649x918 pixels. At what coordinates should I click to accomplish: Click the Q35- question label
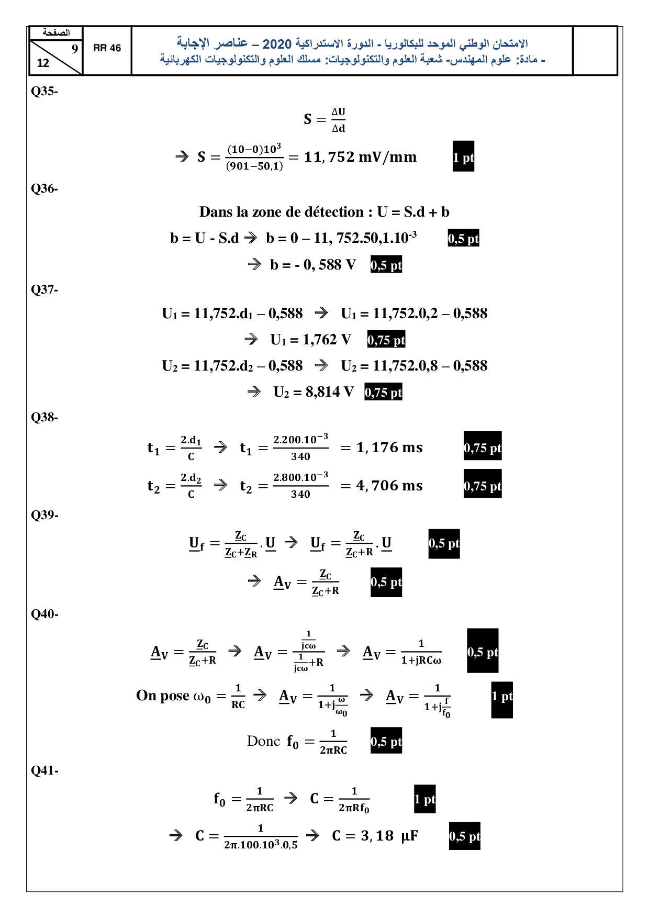click(x=44, y=91)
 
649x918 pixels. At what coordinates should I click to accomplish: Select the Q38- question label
click(x=44, y=417)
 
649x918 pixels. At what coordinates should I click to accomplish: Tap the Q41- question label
click(x=44, y=770)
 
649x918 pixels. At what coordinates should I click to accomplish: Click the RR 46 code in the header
click(x=107, y=48)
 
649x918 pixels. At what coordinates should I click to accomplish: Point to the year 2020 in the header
click(x=277, y=44)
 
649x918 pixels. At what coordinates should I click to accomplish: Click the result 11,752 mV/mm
click(x=360, y=157)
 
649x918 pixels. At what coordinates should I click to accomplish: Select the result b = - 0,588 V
click(x=312, y=265)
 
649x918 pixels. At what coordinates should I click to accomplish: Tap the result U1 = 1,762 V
click(x=310, y=340)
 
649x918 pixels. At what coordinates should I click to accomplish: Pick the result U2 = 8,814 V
click(x=314, y=392)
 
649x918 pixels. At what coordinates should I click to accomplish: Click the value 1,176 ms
click(x=389, y=447)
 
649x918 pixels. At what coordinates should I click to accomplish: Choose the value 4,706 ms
click(x=389, y=486)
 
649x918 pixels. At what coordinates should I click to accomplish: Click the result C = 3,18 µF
click(x=375, y=836)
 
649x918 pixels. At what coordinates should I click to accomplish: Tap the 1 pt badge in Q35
click(x=463, y=156)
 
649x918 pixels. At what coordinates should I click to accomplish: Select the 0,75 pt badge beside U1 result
click(x=386, y=340)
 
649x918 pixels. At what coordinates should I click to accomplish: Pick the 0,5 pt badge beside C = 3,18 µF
click(x=464, y=836)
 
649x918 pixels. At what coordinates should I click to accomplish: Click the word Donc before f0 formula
click(x=263, y=741)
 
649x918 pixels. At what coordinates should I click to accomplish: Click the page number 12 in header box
click(x=43, y=63)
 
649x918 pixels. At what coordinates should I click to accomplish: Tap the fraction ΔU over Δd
click(x=338, y=120)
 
